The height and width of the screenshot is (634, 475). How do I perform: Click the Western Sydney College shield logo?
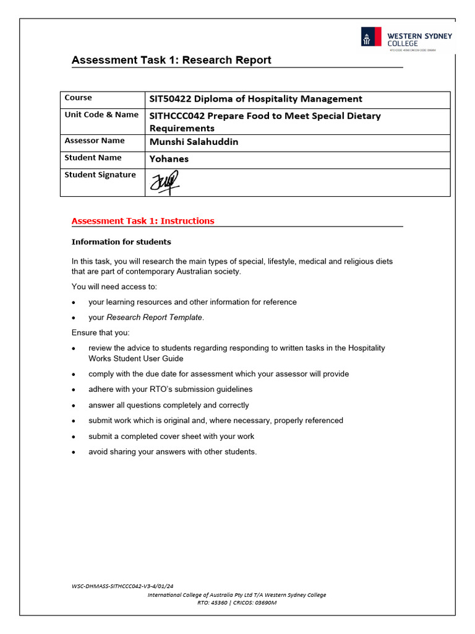click(371, 37)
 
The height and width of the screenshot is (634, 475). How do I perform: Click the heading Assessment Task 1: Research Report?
click(171, 60)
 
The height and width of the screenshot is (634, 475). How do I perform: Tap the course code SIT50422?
click(170, 99)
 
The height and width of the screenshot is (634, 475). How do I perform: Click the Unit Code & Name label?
click(101, 115)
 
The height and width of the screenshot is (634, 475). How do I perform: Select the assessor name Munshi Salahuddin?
click(194, 142)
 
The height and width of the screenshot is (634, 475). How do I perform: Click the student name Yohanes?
click(169, 158)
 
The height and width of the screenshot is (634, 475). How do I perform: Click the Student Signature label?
click(100, 175)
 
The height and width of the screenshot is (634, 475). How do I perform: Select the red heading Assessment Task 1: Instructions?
click(143, 221)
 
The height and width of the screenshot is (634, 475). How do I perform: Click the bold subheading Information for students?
click(121, 242)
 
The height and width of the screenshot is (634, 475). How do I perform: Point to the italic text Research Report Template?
click(154, 318)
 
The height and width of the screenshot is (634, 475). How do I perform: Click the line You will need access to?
click(114, 287)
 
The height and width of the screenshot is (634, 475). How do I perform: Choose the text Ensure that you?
click(100, 333)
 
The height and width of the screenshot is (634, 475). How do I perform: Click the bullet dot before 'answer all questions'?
click(74, 406)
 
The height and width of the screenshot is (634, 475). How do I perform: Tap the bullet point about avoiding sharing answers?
click(172, 452)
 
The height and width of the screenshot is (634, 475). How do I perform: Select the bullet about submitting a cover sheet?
click(171, 436)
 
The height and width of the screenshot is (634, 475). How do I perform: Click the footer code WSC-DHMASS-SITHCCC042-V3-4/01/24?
click(122, 585)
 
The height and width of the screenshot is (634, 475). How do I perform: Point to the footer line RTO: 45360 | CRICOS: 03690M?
click(237, 602)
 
